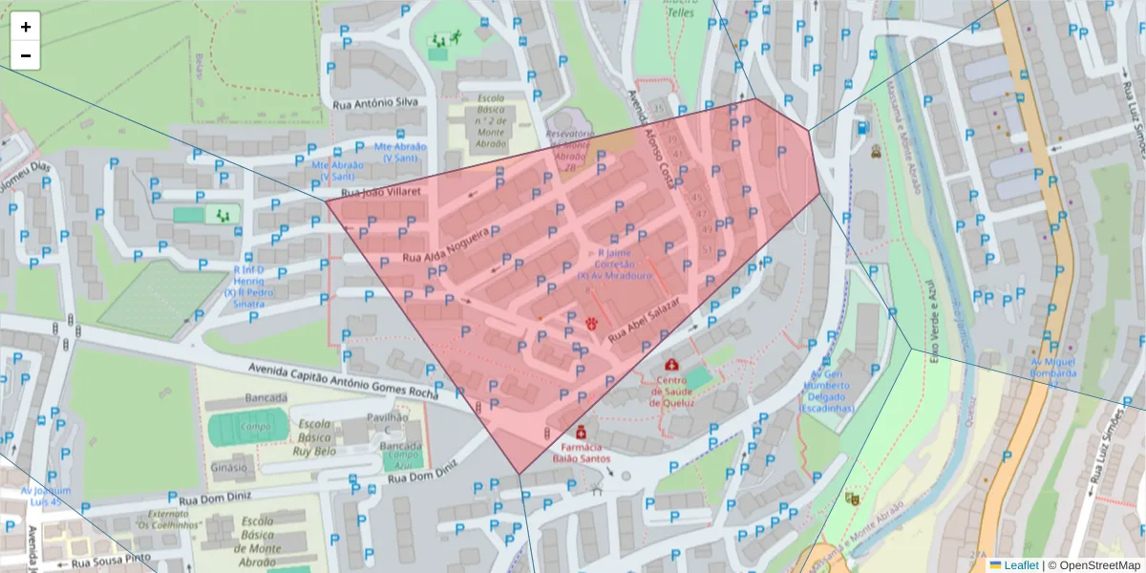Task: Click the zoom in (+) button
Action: tap(26, 27)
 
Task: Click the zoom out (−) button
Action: tap(26, 55)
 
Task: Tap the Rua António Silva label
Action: tap(376, 102)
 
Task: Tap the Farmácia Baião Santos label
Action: tap(581, 453)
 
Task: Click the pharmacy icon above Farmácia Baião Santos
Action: tap(581, 431)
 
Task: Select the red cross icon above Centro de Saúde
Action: tap(672, 365)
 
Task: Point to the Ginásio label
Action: tap(229, 468)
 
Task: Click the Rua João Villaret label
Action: tap(367, 193)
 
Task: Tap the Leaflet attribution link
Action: tap(1020, 564)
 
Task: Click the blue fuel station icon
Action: tap(863, 127)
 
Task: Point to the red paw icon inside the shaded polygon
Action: tap(592, 323)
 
